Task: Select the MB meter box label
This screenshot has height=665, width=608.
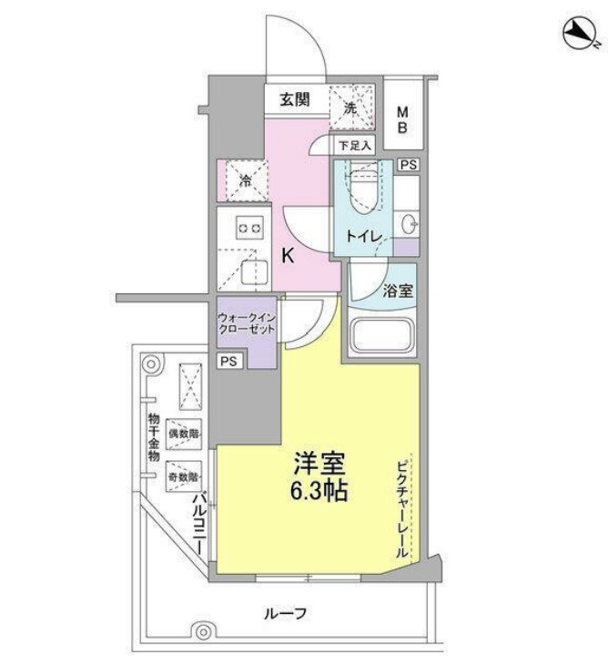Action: (401, 120)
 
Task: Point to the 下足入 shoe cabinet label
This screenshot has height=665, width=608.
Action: (354, 146)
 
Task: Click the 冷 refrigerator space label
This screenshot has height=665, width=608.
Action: (244, 179)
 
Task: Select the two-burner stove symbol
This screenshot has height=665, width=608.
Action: (248, 229)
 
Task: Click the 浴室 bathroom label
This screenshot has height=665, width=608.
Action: (398, 292)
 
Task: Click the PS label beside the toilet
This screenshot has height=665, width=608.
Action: (408, 165)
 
